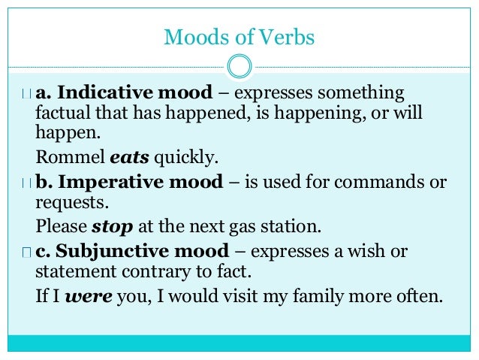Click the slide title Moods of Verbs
[239, 36]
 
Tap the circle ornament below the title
[239, 65]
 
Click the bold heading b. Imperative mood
[129, 182]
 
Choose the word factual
[62, 115]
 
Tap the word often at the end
[423, 295]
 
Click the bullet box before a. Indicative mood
[27, 95]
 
